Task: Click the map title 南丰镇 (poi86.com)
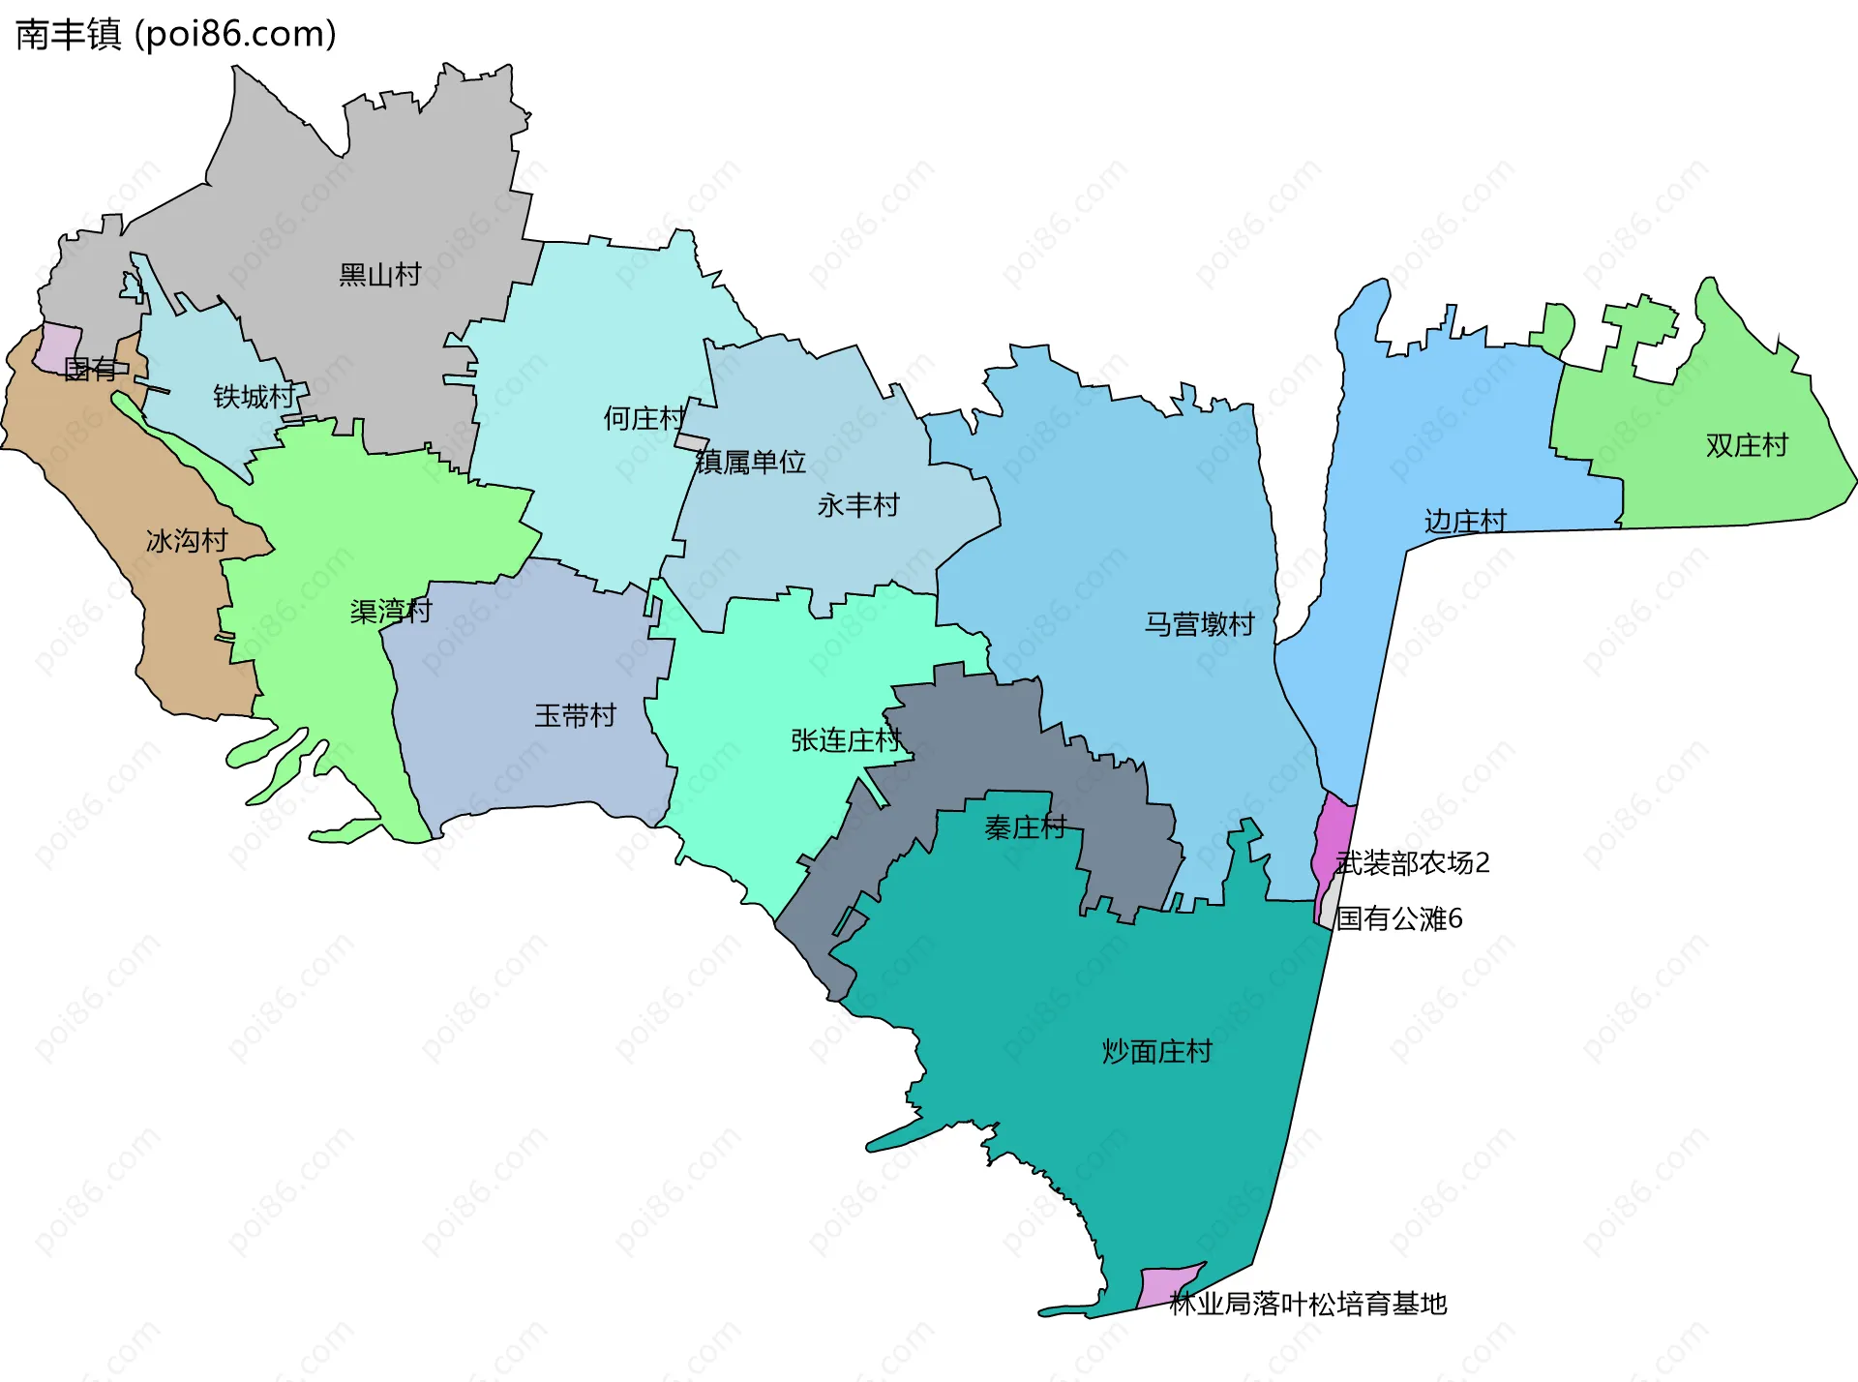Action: [x=176, y=35]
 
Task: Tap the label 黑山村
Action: [x=379, y=275]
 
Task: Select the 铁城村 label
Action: [x=254, y=397]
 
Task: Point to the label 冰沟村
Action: [x=187, y=540]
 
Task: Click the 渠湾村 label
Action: [x=391, y=612]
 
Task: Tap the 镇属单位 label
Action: [x=751, y=463]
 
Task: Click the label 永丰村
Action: [x=858, y=505]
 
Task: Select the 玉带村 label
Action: [x=576, y=716]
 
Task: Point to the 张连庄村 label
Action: [x=847, y=740]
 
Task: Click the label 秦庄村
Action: [x=1026, y=827]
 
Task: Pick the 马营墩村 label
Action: [x=1200, y=624]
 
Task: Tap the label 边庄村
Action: [x=1465, y=522]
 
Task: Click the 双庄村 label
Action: [x=1747, y=445]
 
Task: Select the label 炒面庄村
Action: [x=1156, y=1051]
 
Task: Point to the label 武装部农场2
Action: [x=1413, y=862]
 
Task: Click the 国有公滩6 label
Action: [x=1399, y=918]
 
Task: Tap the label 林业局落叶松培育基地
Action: [x=1308, y=1305]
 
